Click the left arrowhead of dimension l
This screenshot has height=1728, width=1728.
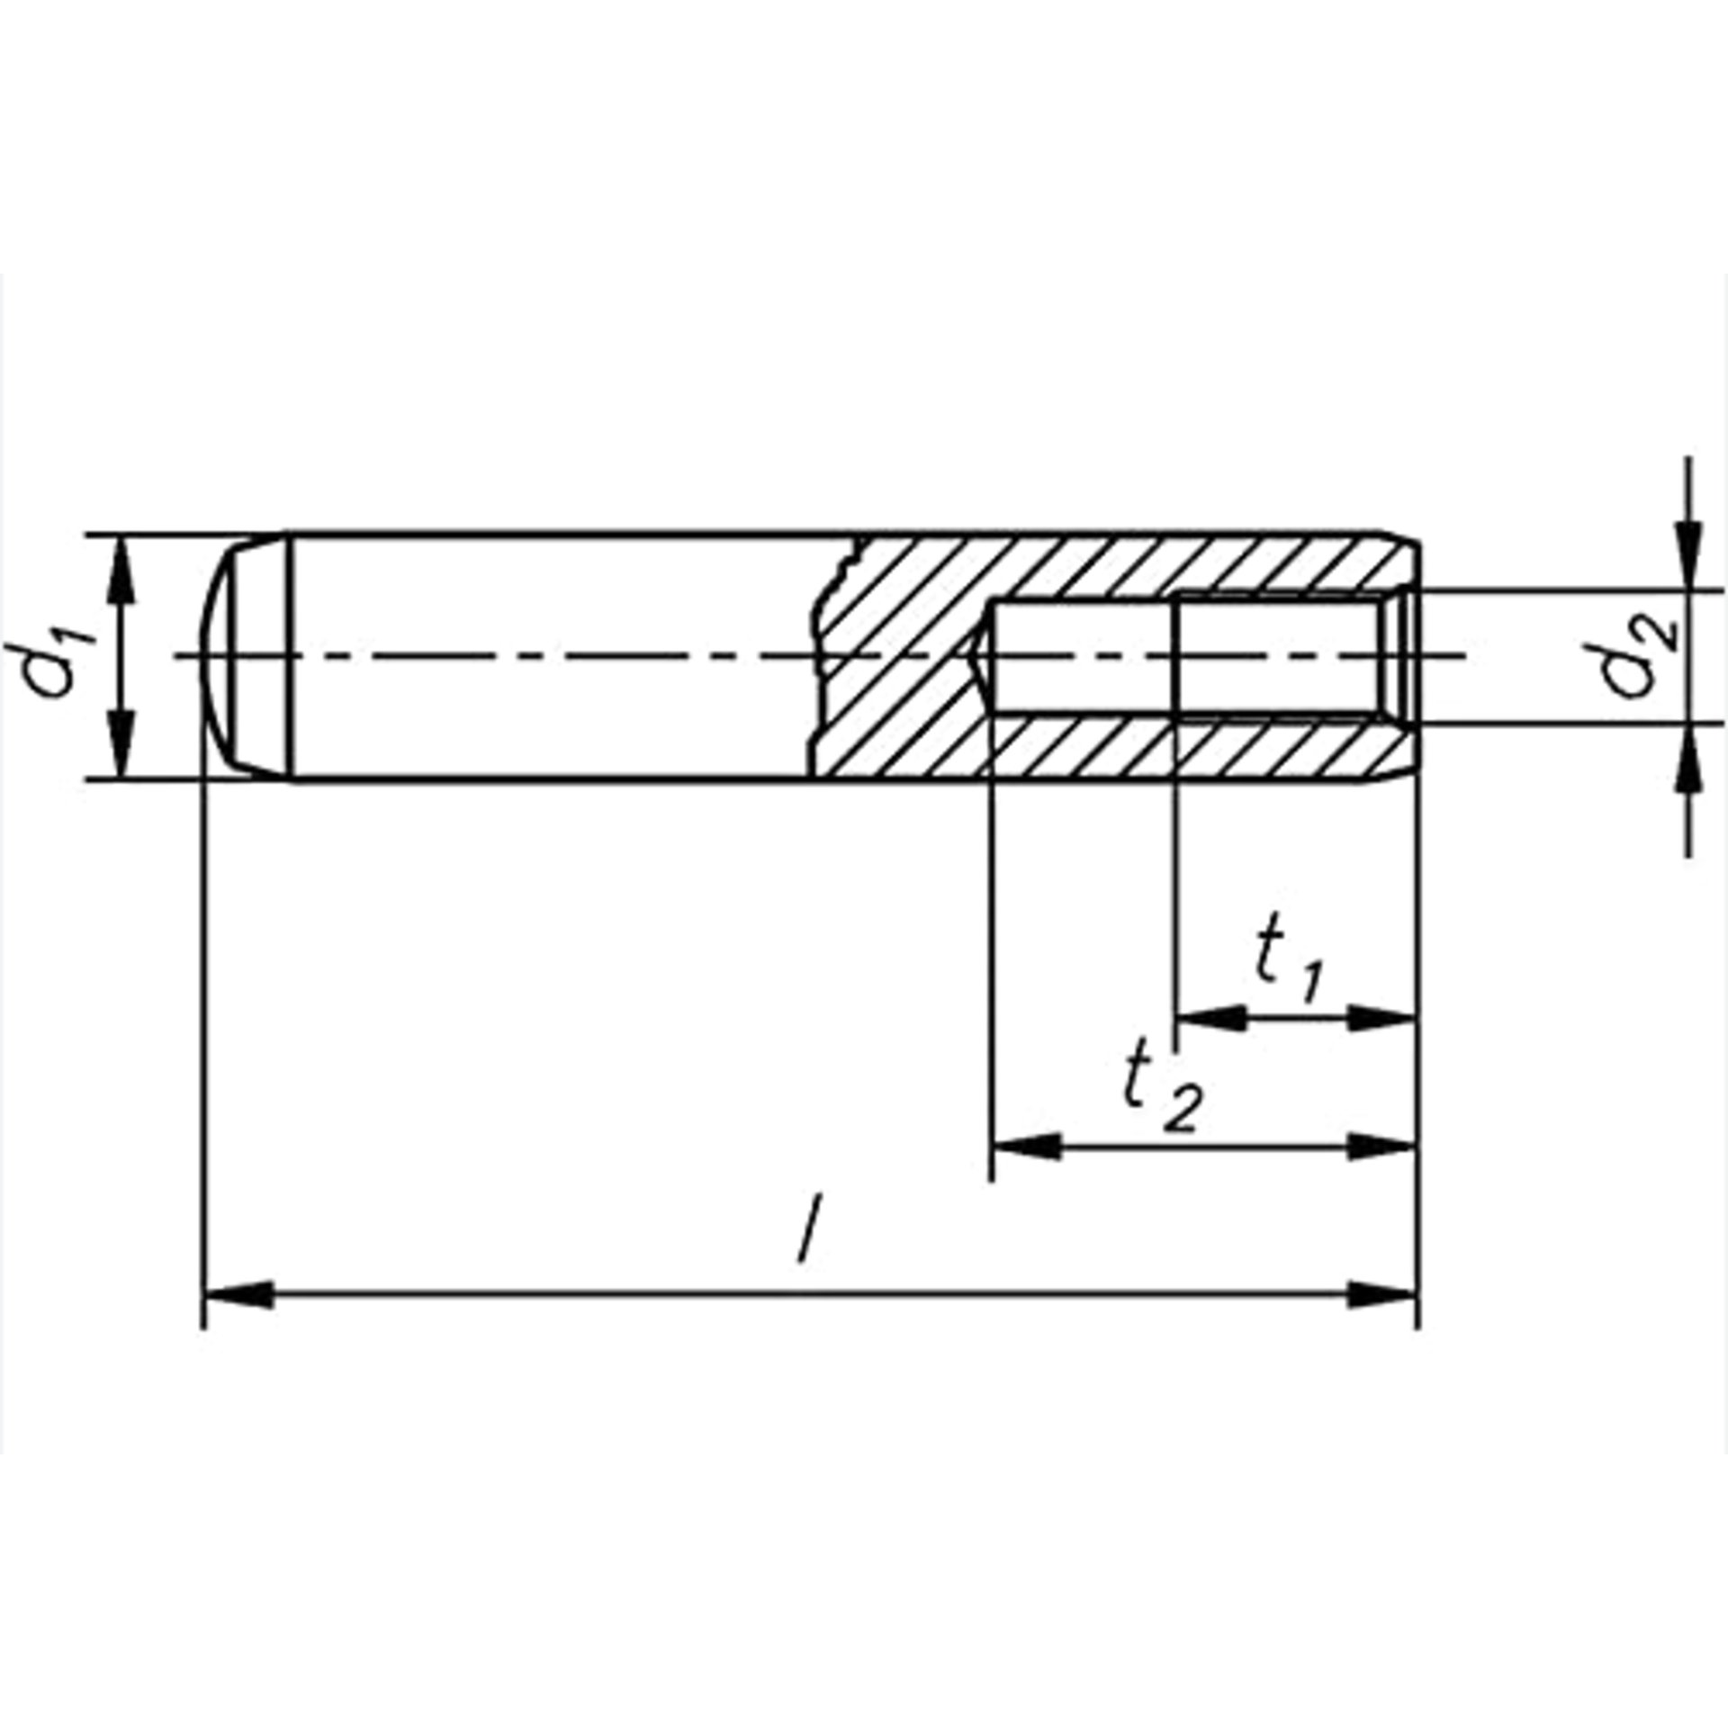click(x=239, y=1297)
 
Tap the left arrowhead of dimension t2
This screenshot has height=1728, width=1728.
click(x=1026, y=1147)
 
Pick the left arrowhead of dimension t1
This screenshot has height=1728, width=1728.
click(x=1211, y=1019)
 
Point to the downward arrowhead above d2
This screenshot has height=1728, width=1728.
click(x=1688, y=554)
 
